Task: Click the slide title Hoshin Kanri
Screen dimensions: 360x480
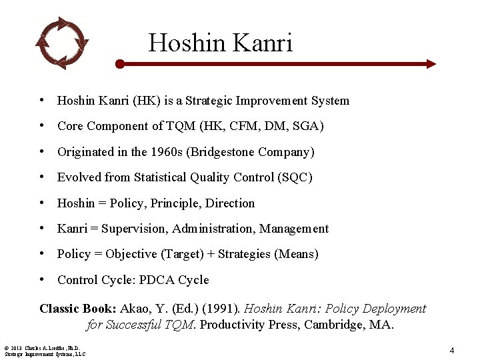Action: click(220, 43)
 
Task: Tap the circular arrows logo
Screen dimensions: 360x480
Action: click(61, 43)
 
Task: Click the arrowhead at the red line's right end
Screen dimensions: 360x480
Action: click(430, 64)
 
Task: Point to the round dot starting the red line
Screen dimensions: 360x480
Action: click(119, 64)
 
